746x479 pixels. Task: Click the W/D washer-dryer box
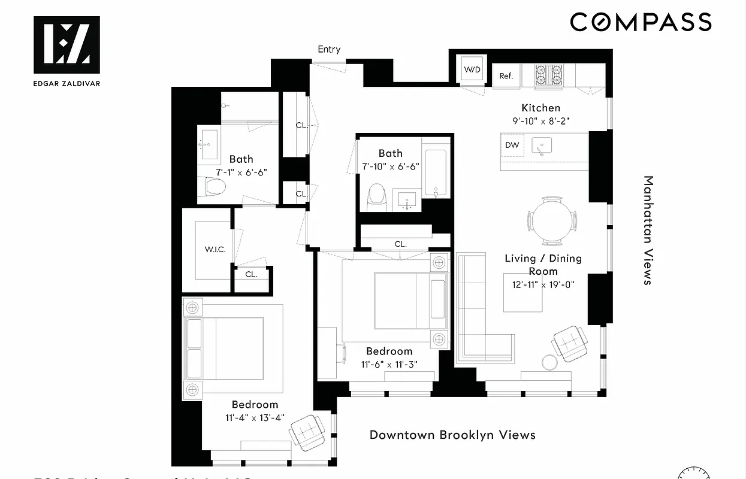472,70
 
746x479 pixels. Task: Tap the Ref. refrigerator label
506,76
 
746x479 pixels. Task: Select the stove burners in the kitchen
549,75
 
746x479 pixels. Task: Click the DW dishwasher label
512,145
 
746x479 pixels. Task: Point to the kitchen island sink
543,145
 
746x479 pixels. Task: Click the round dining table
552,220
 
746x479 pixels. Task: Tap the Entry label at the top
329,49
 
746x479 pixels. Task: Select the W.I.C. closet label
215,250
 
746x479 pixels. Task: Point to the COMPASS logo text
641,22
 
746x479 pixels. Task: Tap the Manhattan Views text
648,230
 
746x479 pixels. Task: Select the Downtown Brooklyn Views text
452,435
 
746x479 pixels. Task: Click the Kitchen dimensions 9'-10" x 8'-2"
541,120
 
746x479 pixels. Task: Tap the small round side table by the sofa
549,362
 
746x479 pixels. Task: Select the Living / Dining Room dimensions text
543,284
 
